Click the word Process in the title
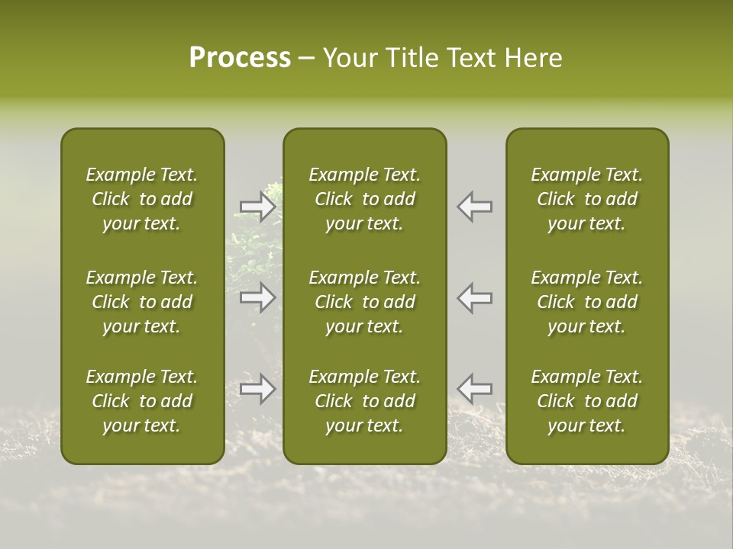point(240,57)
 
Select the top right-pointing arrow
point(257,207)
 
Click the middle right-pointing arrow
point(257,297)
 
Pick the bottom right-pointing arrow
point(257,389)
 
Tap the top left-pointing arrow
point(475,207)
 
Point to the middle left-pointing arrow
point(475,297)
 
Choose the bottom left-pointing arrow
point(475,389)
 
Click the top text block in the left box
point(142,199)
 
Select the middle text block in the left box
point(142,302)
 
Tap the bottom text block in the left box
point(142,401)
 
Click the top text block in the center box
point(365,199)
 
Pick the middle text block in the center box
point(365,302)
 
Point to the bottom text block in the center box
point(365,401)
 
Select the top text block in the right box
point(587,199)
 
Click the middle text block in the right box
point(587,302)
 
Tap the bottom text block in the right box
point(587,401)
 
